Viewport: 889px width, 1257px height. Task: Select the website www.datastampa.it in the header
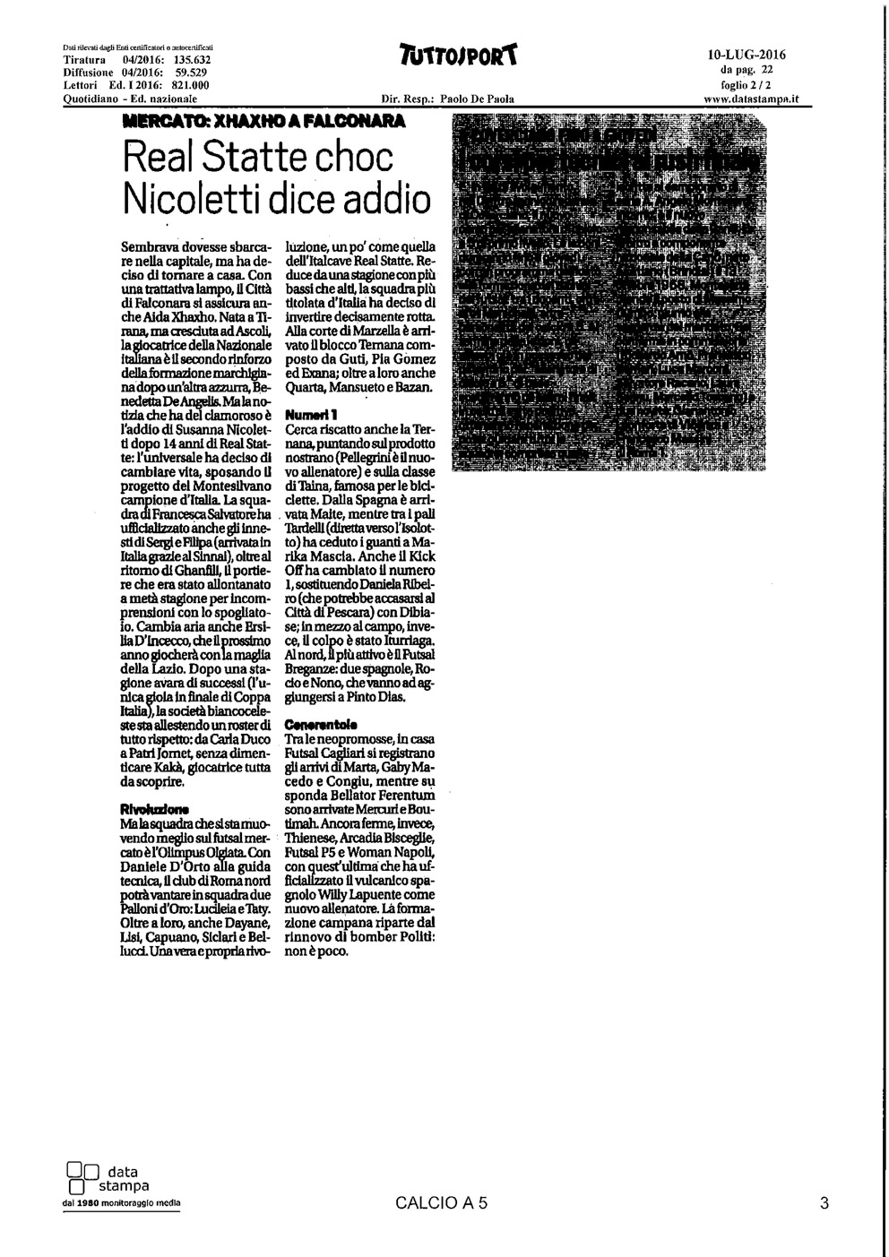coord(746,99)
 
